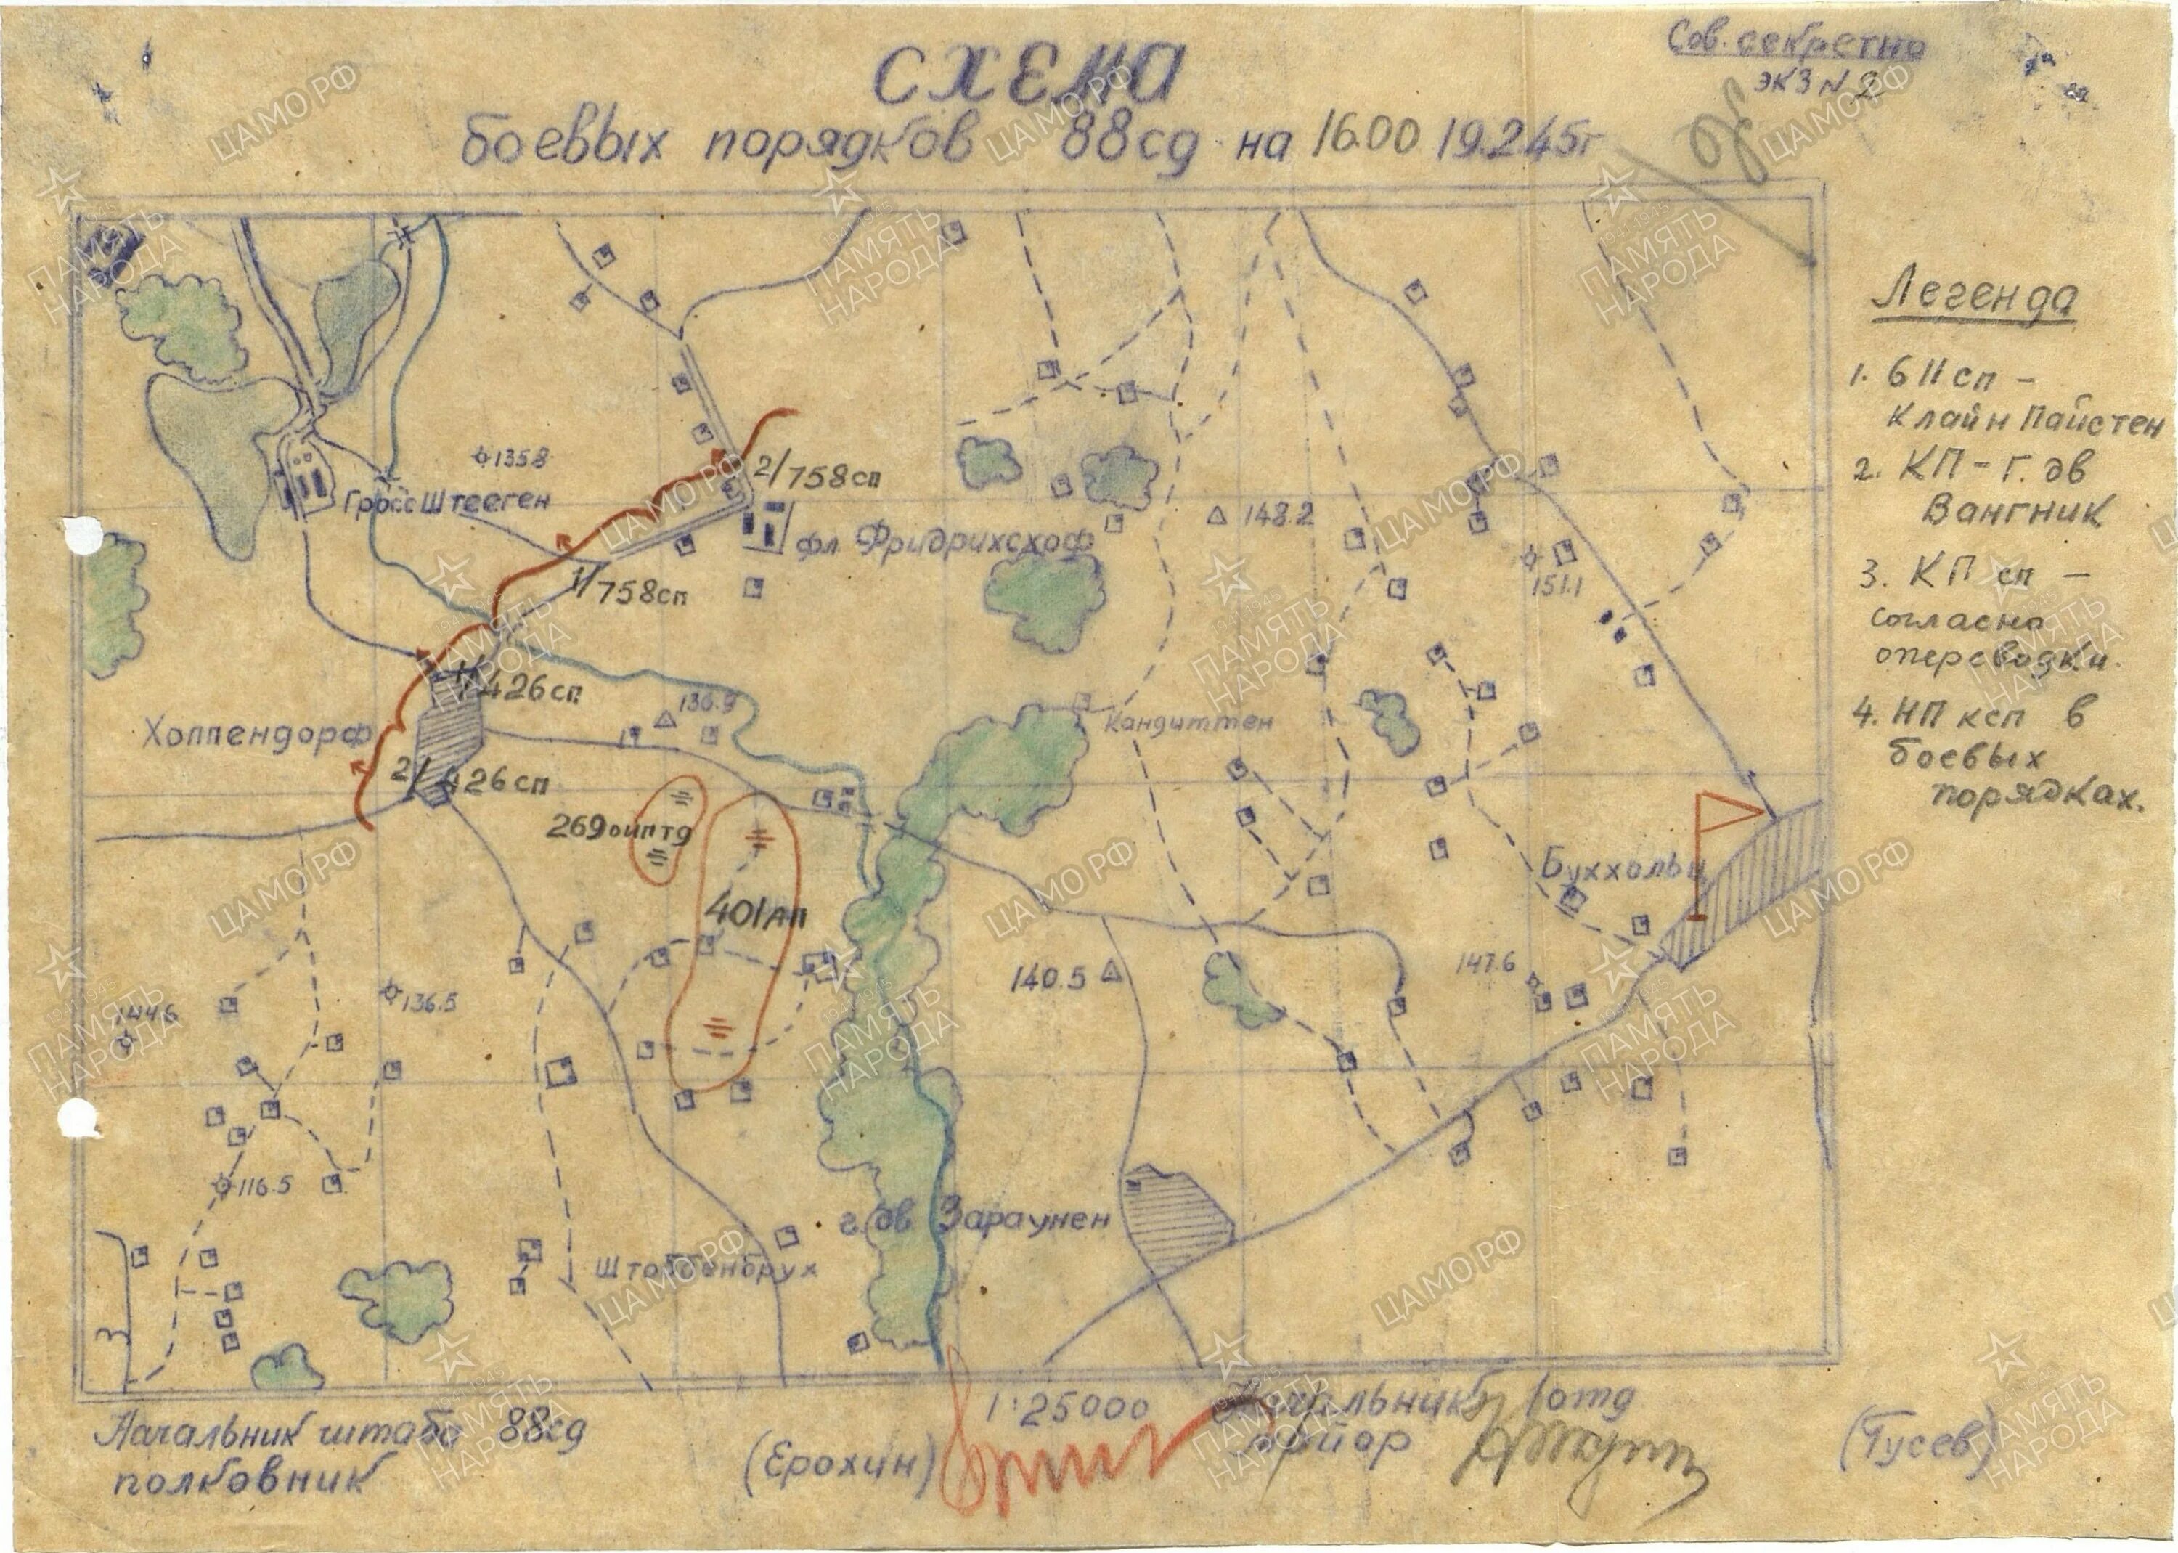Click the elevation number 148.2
(x=1277, y=515)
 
